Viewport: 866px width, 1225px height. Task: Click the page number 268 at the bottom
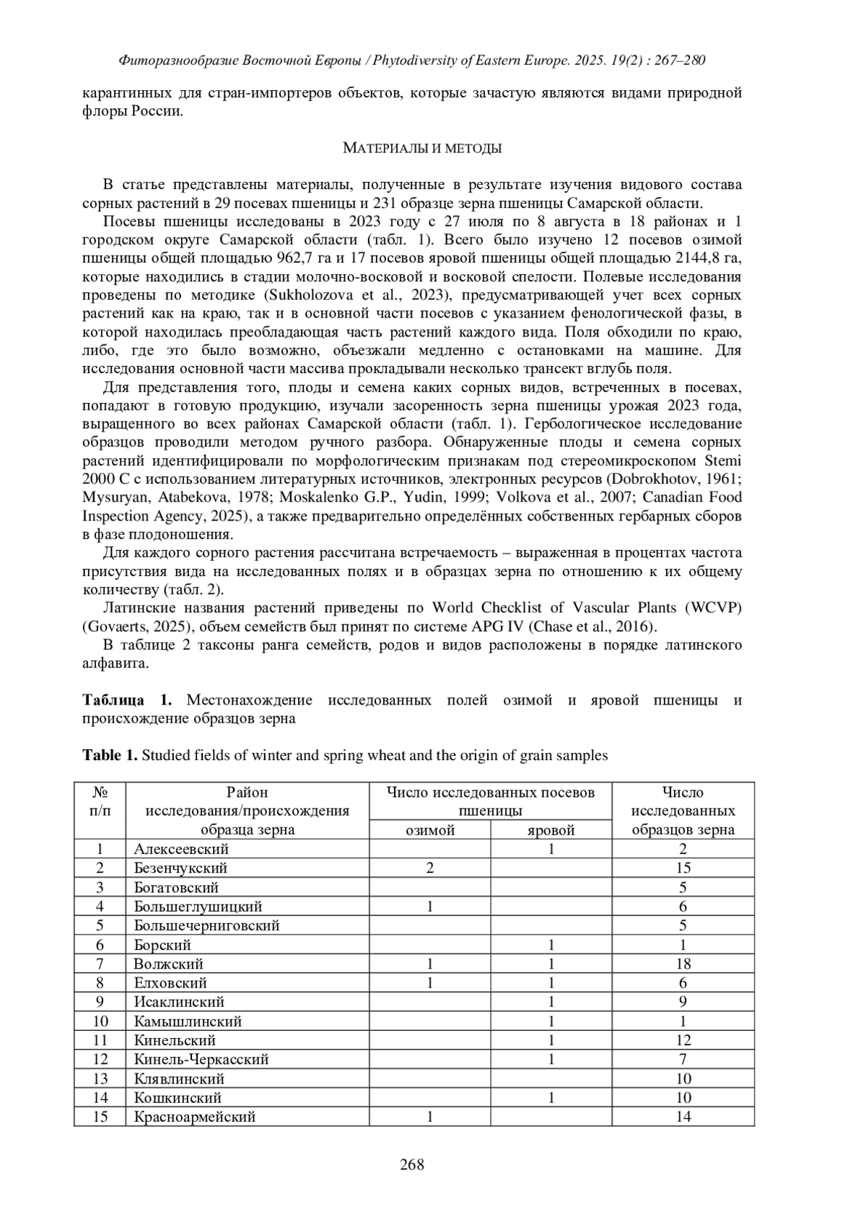tap(412, 1164)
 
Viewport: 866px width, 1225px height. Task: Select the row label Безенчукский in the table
tap(180, 868)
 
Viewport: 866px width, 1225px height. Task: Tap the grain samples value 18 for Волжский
tap(683, 964)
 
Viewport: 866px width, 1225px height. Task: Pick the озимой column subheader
tap(429, 830)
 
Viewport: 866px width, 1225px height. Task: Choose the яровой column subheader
tap(551, 830)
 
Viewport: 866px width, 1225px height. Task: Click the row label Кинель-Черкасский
tap(201, 1059)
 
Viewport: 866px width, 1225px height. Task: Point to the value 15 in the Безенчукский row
tap(683, 868)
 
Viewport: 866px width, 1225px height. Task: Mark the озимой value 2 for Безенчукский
tap(429, 868)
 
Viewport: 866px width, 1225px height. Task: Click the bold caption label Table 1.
tap(110, 756)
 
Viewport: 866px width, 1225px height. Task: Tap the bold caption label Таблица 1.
tap(127, 700)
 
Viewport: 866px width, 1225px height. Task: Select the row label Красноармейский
tap(195, 1117)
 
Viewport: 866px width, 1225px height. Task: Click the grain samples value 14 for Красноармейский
tap(683, 1117)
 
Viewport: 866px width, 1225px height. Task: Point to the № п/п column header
tap(100, 801)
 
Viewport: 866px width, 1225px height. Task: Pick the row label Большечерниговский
tap(206, 925)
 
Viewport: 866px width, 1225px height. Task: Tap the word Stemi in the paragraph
tap(723, 461)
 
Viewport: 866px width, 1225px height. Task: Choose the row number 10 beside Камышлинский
tap(100, 1021)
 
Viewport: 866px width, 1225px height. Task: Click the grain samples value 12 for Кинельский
tap(683, 1040)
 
